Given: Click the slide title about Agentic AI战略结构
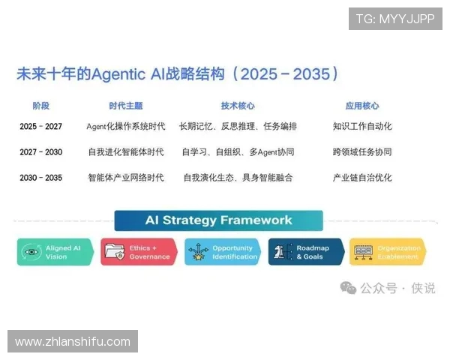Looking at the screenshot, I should (x=178, y=73).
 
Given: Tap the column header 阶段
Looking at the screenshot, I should (x=40, y=106).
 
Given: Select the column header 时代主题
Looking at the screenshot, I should (x=125, y=106).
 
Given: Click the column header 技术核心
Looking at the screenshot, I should (x=237, y=106).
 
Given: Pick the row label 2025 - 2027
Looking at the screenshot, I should (x=40, y=127).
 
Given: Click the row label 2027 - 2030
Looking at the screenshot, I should (x=40, y=152).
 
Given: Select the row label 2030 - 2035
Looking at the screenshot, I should (x=40, y=178).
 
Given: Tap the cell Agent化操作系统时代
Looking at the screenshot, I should (x=125, y=127).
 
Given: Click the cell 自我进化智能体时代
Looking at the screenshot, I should (x=125, y=152).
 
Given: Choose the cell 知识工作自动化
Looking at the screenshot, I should (x=361, y=127).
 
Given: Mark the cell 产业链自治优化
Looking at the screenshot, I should (x=361, y=178).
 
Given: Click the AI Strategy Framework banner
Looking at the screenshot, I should (x=218, y=220).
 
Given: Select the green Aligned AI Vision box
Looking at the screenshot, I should (x=55, y=252).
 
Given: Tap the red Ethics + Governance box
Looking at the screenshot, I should (x=139, y=252).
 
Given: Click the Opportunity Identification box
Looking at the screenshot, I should (x=222, y=252).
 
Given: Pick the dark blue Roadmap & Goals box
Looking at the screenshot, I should (x=306, y=252).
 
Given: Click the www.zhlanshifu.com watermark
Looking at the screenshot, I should (x=73, y=341).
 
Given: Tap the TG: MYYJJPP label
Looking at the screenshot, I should (x=394, y=19).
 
